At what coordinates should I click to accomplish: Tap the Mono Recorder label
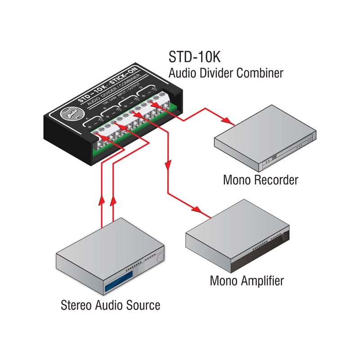261,180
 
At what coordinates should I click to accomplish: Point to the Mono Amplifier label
247,281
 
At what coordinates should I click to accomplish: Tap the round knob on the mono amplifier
284,235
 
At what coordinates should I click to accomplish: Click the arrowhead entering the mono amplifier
198,209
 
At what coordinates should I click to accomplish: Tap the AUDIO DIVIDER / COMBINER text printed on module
118,99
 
